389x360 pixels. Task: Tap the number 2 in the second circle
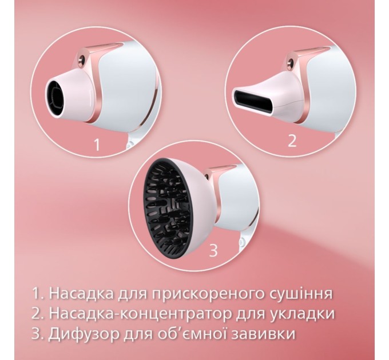point(292,141)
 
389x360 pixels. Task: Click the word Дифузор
point(86,333)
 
